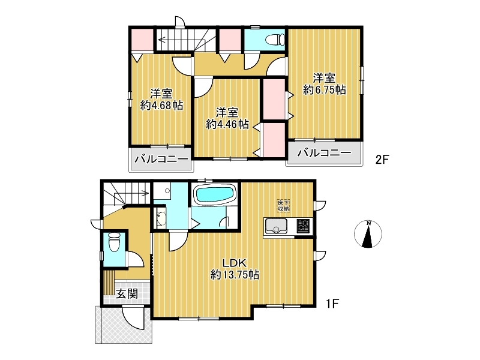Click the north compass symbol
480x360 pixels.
coord(368,234)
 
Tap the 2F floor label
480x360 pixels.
coord(382,160)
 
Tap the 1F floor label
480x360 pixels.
coord(332,304)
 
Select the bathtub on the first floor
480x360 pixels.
coord(215,194)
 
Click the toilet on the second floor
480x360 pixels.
coord(275,40)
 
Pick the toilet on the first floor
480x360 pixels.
coord(115,242)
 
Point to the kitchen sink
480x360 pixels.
coord(276,226)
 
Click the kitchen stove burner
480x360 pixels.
coord(303,226)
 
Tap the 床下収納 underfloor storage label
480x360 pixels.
coord(283,206)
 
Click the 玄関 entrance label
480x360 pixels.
coord(127,294)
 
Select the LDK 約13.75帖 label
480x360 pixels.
coord(235,268)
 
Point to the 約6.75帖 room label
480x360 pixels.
coord(324,83)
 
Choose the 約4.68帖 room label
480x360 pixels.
coord(161,99)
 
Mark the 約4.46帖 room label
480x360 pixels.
coord(227,118)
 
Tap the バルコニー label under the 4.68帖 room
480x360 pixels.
coord(161,159)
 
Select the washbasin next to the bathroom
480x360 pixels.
coord(160,218)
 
